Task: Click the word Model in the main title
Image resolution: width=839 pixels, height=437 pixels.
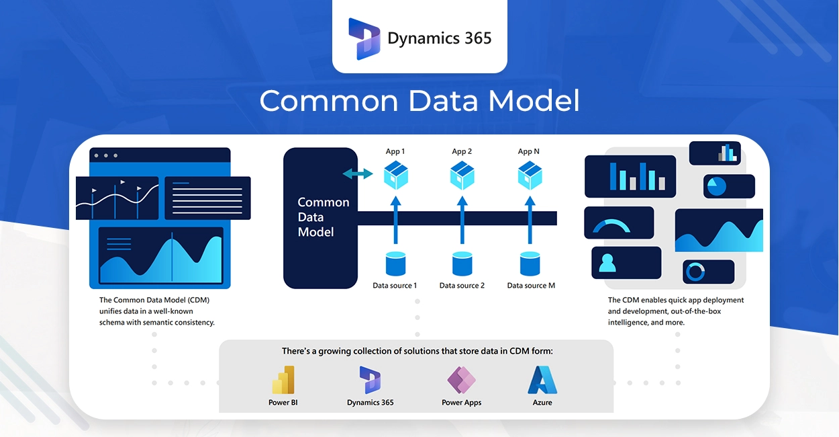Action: tap(534, 102)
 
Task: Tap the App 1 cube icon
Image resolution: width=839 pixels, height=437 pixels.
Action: tap(395, 175)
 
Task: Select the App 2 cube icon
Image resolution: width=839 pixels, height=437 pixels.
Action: tap(462, 175)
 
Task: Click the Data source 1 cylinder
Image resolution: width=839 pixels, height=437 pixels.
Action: tap(395, 264)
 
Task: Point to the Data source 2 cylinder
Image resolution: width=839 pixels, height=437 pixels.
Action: tap(462, 264)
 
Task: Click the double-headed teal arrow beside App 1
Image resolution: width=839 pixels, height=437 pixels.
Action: tap(358, 174)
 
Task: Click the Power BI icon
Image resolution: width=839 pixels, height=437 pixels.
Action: tap(283, 380)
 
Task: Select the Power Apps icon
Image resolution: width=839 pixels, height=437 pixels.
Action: tap(461, 380)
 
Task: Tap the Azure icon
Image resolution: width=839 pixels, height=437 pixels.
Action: tap(542, 380)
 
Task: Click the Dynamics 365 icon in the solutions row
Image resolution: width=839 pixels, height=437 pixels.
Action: tap(370, 380)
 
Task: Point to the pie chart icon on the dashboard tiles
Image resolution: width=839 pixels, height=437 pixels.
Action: tap(717, 186)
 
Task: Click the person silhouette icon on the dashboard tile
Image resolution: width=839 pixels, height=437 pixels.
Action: tap(607, 262)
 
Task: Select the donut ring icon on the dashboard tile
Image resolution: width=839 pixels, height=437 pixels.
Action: tap(695, 272)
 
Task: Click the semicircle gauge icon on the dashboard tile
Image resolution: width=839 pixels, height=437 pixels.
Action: tap(611, 227)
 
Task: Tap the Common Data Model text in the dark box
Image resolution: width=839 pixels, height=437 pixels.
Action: tap(323, 217)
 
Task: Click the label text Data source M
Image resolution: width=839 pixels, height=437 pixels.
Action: tap(531, 286)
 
